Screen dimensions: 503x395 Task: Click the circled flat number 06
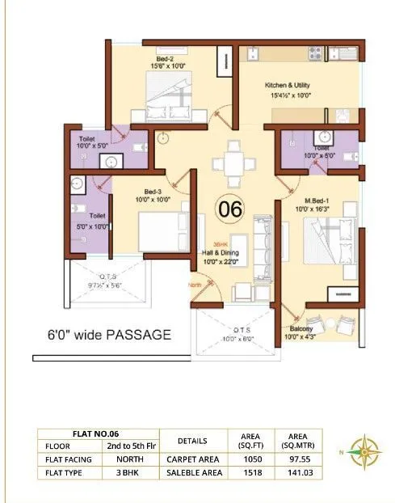click(230, 209)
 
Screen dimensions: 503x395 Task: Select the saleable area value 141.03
click(292, 472)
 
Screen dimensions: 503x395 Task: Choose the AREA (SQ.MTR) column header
click(292, 440)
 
